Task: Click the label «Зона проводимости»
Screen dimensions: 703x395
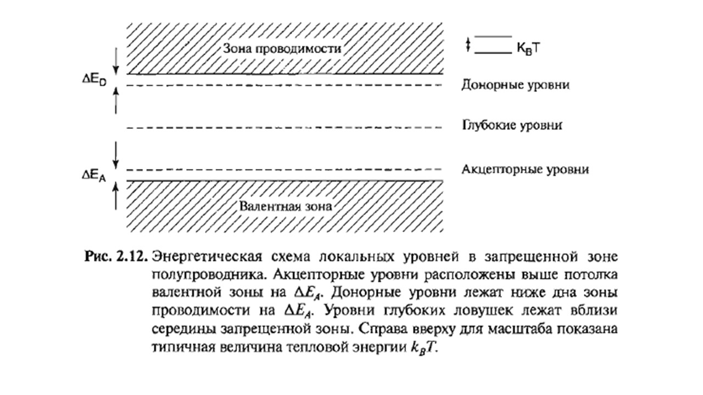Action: click(282, 49)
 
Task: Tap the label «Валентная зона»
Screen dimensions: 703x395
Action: click(286, 206)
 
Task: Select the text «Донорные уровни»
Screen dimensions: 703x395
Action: click(515, 85)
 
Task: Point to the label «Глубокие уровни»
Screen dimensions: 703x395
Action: click(512, 126)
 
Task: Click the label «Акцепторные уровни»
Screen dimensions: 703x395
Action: click(525, 170)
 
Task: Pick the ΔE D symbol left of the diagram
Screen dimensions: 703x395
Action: click(94, 80)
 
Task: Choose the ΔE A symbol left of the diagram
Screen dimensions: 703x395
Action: click(94, 176)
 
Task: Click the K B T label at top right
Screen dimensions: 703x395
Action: click(528, 49)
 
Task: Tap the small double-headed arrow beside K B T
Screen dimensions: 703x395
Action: click(468, 45)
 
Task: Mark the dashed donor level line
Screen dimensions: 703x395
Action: click(284, 85)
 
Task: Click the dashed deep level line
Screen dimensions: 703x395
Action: click(284, 128)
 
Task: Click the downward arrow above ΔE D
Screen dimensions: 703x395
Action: click(116, 61)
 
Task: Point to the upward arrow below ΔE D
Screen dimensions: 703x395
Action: click(116, 100)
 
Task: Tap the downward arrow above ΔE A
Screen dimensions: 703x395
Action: click(116, 155)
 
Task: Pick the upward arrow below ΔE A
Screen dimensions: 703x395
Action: click(116, 196)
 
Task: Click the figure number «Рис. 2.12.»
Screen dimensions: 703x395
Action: click(116, 257)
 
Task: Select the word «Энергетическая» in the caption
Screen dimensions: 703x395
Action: click(207, 257)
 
